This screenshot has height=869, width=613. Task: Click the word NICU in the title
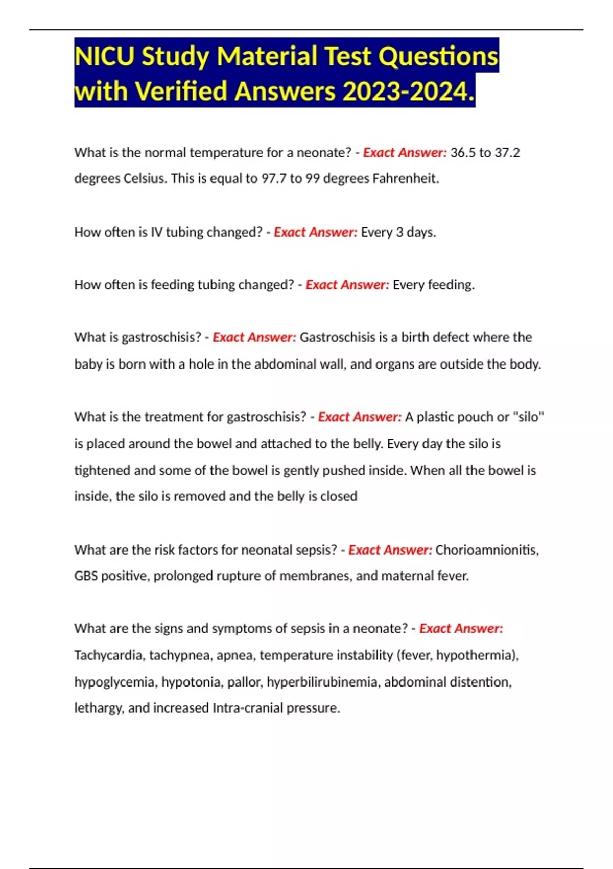point(105,56)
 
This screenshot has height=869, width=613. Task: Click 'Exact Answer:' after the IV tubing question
point(315,232)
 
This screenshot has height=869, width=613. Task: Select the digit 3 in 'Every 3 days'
point(399,232)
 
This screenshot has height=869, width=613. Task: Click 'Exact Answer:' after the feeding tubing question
point(347,285)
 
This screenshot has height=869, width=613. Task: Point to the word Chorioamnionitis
point(487,550)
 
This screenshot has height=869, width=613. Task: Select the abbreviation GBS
point(86,576)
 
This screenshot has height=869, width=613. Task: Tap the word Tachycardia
point(108,655)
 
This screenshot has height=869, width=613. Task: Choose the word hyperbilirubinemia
point(322,682)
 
